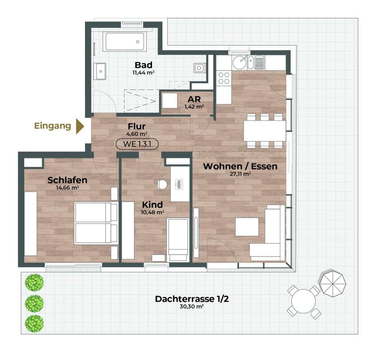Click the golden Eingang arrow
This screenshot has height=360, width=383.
coord(80,126)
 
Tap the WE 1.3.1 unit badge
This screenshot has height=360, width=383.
coord(137,144)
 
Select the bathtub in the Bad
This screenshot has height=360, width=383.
coord(125,42)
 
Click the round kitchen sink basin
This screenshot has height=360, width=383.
coord(239,63)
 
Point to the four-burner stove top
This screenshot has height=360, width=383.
coord(224,78)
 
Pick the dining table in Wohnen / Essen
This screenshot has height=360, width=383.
coord(265,131)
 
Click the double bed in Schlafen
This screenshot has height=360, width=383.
coord(96,223)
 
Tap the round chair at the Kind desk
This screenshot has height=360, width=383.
coord(162,184)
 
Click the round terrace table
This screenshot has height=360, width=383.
coord(303,301)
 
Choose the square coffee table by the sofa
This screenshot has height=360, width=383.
coord(247,227)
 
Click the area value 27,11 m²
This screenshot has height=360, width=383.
coord(240,174)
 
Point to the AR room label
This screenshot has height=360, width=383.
coord(194,99)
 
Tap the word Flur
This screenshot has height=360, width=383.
coord(137,126)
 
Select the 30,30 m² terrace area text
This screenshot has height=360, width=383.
coord(192,306)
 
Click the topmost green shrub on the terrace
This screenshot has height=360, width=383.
coord(34,282)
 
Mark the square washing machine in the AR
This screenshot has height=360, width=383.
coord(170,101)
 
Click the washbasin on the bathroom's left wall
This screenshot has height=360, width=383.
coord(100,71)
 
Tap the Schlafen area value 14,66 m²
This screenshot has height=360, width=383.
coord(67,188)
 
